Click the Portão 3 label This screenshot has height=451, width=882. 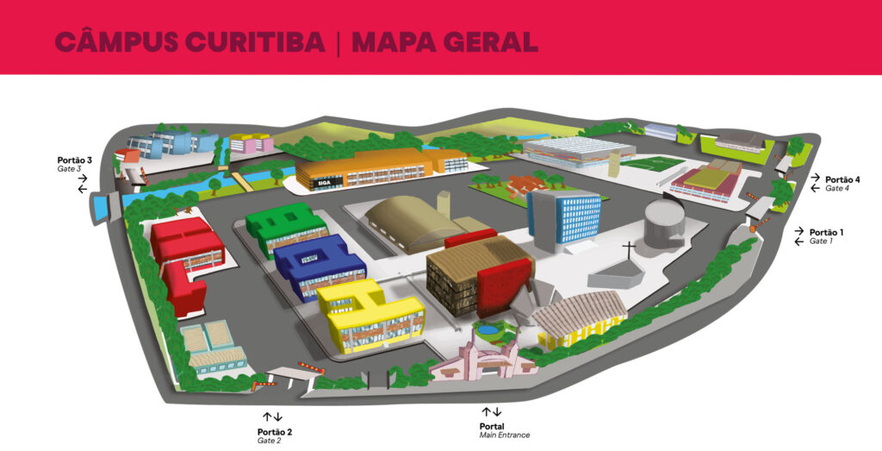click(75, 160)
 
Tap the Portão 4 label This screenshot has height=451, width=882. click(843, 179)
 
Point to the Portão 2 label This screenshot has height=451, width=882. click(275, 431)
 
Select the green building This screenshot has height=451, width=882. click(284, 226)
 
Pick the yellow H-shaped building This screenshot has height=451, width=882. click(372, 312)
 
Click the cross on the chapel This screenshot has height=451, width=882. click(630, 251)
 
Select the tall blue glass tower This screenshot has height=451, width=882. click(566, 217)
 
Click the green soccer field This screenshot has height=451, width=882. click(652, 162)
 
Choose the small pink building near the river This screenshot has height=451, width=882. click(251, 143)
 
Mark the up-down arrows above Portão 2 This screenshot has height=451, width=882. click(273, 417)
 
